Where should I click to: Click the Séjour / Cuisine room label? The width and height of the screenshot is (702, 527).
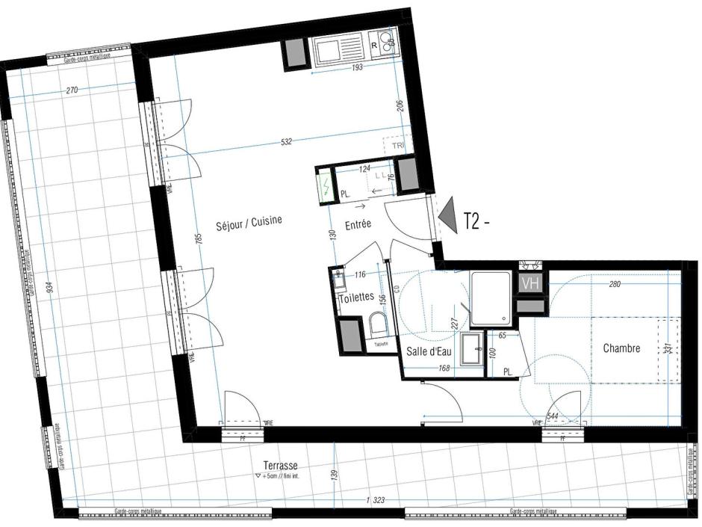click(x=249, y=222)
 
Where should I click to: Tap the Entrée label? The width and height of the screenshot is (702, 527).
click(x=359, y=224)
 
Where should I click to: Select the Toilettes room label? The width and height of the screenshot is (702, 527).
click(x=355, y=297)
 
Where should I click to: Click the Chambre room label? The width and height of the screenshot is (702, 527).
click(x=621, y=348)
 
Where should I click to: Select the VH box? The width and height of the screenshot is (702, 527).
click(x=530, y=283)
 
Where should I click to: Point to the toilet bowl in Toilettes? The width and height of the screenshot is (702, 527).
click(x=379, y=325)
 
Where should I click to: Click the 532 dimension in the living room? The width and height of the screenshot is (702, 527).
click(x=286, y=141)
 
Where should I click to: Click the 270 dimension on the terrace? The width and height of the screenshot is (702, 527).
click(x=72, y=90)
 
